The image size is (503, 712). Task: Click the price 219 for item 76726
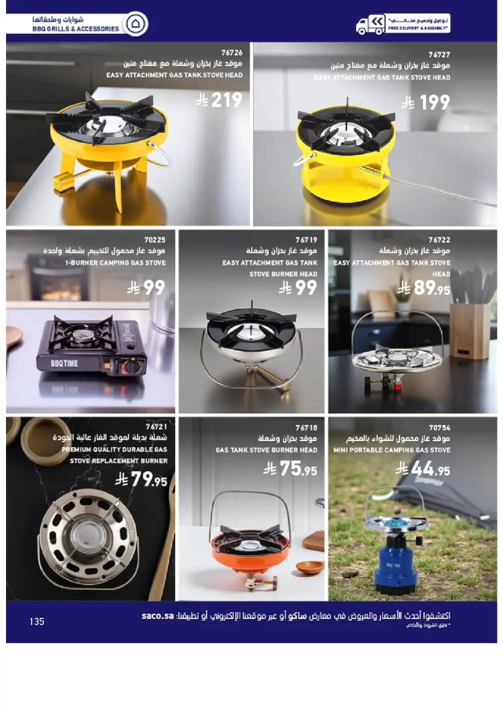tap(226, 100)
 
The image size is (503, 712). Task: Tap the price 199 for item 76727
tap(434, 103)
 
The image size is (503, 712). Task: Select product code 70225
tap(154, 240)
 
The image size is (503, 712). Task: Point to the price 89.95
tap(431, 288)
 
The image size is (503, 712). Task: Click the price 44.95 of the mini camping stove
tap(430, 469)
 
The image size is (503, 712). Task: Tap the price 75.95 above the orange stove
tap(297, 469)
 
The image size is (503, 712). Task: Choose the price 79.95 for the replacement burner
tap(148, 479)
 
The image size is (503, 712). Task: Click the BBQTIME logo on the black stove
tap(64, 363)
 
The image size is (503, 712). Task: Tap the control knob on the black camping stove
tap(132, 367)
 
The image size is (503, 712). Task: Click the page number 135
tap(37, 621)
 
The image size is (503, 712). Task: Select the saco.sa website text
tap(157, 616)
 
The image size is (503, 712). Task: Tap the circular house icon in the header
tap(135, 24)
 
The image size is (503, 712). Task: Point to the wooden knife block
tap(469, 330)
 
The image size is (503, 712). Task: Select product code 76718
tap(306, 428)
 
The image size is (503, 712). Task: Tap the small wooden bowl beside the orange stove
tap(309, 567)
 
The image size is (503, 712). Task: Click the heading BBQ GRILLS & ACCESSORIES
tap(75, 29)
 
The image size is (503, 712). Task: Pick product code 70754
tap(439, 428)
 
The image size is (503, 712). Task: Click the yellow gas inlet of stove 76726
tap(62, 181)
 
